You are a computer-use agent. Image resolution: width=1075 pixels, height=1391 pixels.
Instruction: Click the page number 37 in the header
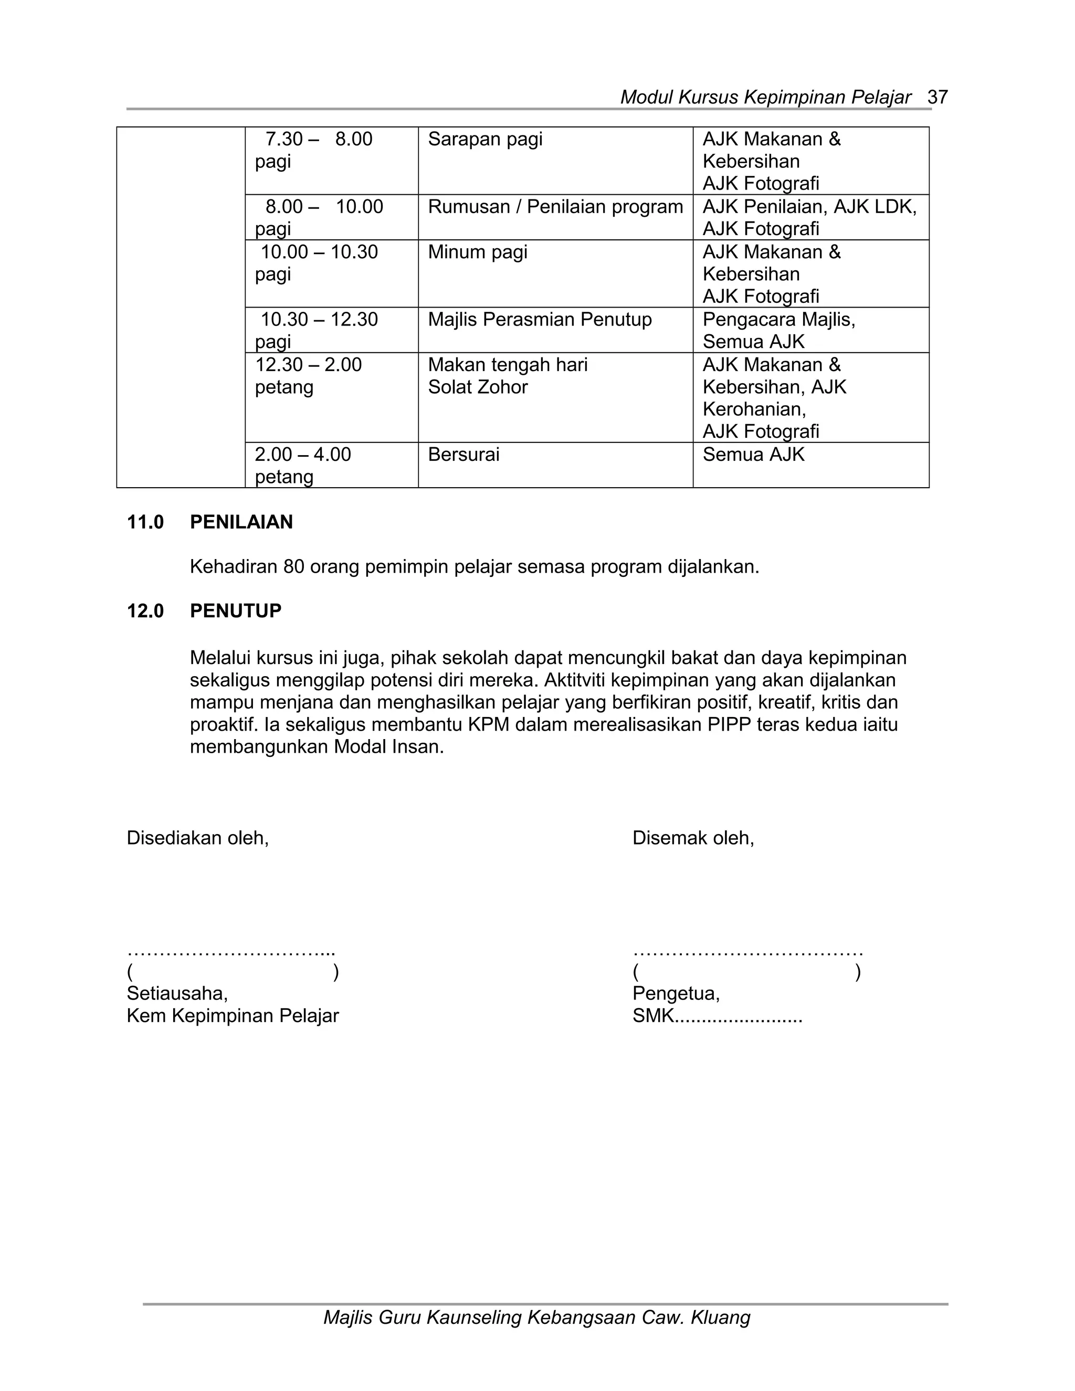tap(937, 98)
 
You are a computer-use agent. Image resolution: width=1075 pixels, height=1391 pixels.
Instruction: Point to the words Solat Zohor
tap(478, 387)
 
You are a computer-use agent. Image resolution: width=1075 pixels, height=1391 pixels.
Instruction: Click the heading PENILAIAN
tap(241, 522)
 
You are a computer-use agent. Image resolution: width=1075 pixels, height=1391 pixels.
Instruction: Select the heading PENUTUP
tap(236, 612)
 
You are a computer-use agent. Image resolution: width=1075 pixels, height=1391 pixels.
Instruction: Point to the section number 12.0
tap(145, 612)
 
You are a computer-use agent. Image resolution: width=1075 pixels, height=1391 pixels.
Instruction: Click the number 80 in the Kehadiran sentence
tap(293, 567)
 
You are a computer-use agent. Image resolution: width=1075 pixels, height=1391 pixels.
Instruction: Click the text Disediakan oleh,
tap(197, 838)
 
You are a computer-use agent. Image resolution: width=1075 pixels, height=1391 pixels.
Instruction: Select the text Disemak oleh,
tap(693, 838)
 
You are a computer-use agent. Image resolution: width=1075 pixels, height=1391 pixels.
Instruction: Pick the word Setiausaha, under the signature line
tap(177, 994)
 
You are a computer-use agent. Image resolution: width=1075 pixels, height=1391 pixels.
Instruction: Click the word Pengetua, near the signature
tap(676, 994)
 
